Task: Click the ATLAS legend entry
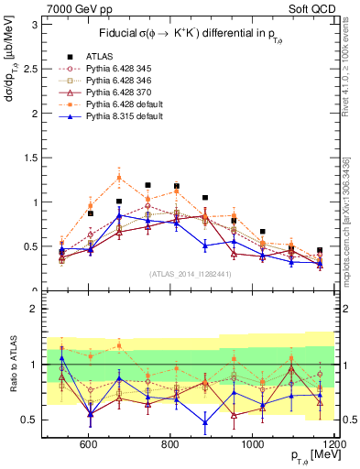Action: tap(101, 54)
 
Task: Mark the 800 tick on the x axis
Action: tap(169, 444)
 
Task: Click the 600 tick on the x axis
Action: tap(89, 444)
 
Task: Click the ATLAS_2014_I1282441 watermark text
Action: tap(190, 274)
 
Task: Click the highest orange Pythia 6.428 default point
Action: tap(119, 178)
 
